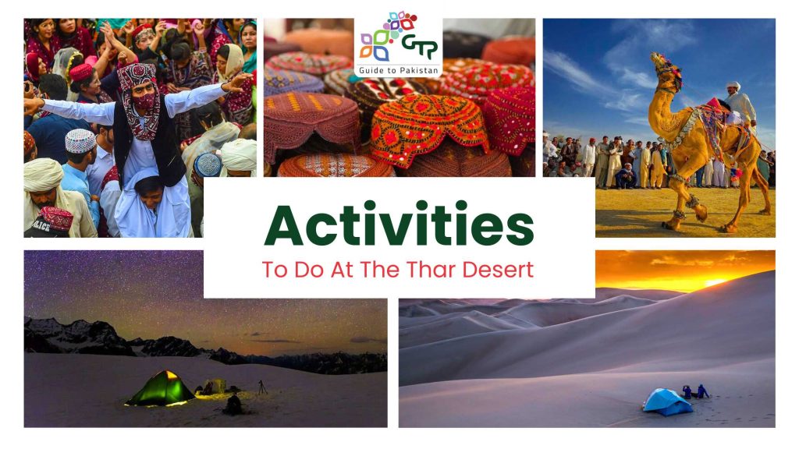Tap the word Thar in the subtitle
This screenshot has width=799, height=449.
pyautogui.click(x=431, y=269)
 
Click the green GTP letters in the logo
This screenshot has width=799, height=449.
pyautogui.click(x=419, y=46)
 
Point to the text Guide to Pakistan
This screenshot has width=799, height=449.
pyautogui.click(x=399, y=70)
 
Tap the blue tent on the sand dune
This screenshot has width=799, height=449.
pyautogui.click(x=667, y=401)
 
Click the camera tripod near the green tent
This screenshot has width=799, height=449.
pyautogui.click(x=262, y=387)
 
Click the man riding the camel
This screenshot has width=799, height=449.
pyautogui.click(x=740, y=105)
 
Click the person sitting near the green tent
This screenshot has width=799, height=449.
pyautogui.click(x=233, y=405)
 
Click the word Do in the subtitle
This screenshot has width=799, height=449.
pyautogui.click(x=309, y=269)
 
